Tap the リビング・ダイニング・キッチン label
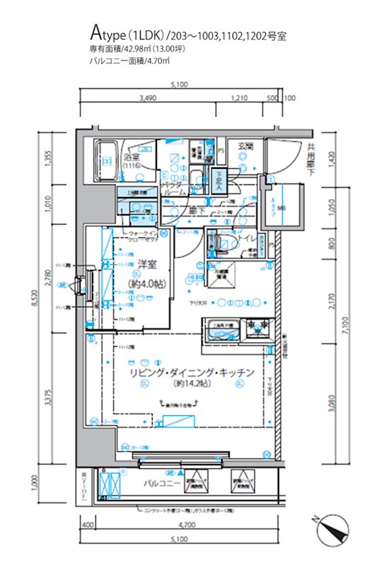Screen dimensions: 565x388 pyautogui.click(x=187, y=372)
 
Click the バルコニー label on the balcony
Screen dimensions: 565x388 pyautogui.click(x=162, y=484)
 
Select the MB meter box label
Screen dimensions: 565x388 pyautogui.click(x=282, y=208)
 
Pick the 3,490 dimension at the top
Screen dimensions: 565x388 pyautogui.click(x=148, y=98)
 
